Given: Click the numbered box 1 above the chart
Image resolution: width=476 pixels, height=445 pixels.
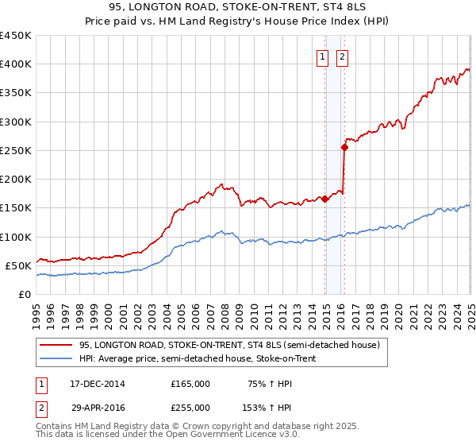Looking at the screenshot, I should click(324, 56).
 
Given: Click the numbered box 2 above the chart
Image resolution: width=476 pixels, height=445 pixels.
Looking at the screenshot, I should click(342, 56).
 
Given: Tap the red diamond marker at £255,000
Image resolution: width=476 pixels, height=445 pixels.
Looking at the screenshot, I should click(345, 147).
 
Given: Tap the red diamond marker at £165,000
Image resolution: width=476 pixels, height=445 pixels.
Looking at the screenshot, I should click(325, 199).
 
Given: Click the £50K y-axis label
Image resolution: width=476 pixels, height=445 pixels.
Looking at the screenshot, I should click(18, 265).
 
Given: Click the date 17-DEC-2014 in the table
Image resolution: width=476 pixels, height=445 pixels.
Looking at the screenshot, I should click(98, 384).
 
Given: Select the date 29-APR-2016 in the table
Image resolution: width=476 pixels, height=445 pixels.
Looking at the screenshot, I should click(98, 407).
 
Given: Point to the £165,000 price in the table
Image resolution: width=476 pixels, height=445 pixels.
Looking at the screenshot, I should click(190, 384).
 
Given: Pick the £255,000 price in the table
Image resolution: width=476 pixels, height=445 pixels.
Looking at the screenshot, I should click(190, 407).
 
